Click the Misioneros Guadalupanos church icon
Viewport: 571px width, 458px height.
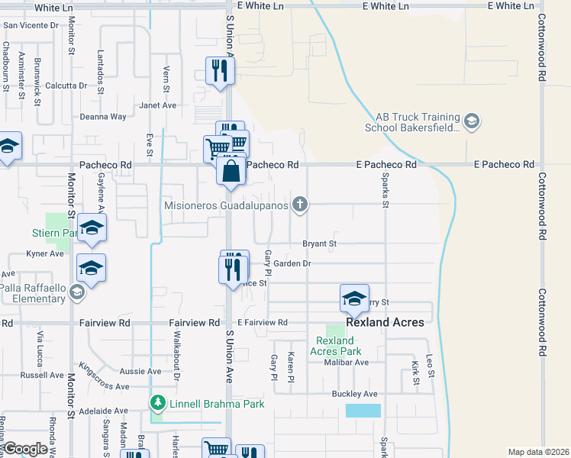pos(301,204)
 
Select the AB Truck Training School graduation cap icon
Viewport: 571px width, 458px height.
pos(471,121)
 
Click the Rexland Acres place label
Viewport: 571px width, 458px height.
pos(385,322)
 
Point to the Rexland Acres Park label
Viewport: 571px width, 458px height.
pos(335,346)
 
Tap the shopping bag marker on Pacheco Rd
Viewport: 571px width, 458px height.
pos(231,171)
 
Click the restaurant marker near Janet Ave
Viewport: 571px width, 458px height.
pos(220,71)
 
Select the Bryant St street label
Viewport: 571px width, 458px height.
pos(320,244)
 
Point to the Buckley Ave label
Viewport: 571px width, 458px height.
pos(354,394)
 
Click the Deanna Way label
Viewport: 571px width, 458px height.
pos(103,117)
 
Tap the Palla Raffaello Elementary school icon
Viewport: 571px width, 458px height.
pos(76,292)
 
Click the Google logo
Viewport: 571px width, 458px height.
pos(26,449)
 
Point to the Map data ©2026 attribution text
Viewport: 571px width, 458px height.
pos(537,452)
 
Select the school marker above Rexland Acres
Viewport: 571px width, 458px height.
pos(354,298)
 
